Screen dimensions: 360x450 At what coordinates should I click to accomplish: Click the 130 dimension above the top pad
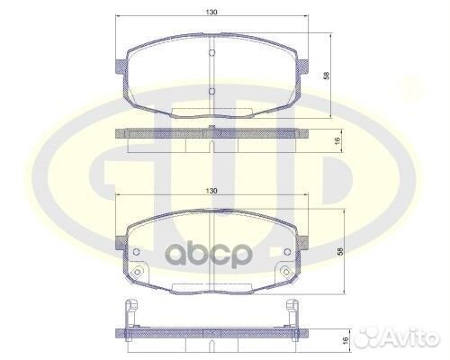[211, 13]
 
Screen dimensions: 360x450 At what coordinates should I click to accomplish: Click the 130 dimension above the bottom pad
[211, 192]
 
